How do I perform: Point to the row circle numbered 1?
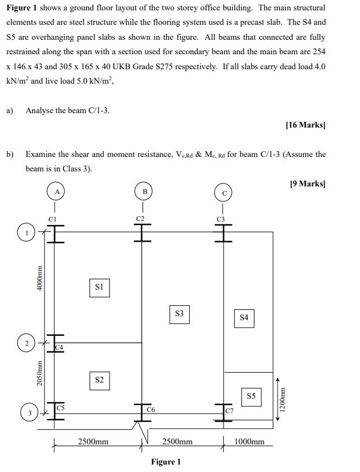click(26, 233)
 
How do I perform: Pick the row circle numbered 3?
click(26, 413)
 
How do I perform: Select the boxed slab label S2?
click(99, 380)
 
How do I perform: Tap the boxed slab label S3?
click(179, 314)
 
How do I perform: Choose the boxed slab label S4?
click(244, 317)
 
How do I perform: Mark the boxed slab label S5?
click(251, 396)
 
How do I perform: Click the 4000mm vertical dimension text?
click(40, 278)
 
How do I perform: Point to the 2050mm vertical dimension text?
click(40, 374)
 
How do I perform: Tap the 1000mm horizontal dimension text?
click(249, 441)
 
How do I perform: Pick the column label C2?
click(140, 218)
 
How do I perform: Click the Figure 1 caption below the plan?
click(166, 462)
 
